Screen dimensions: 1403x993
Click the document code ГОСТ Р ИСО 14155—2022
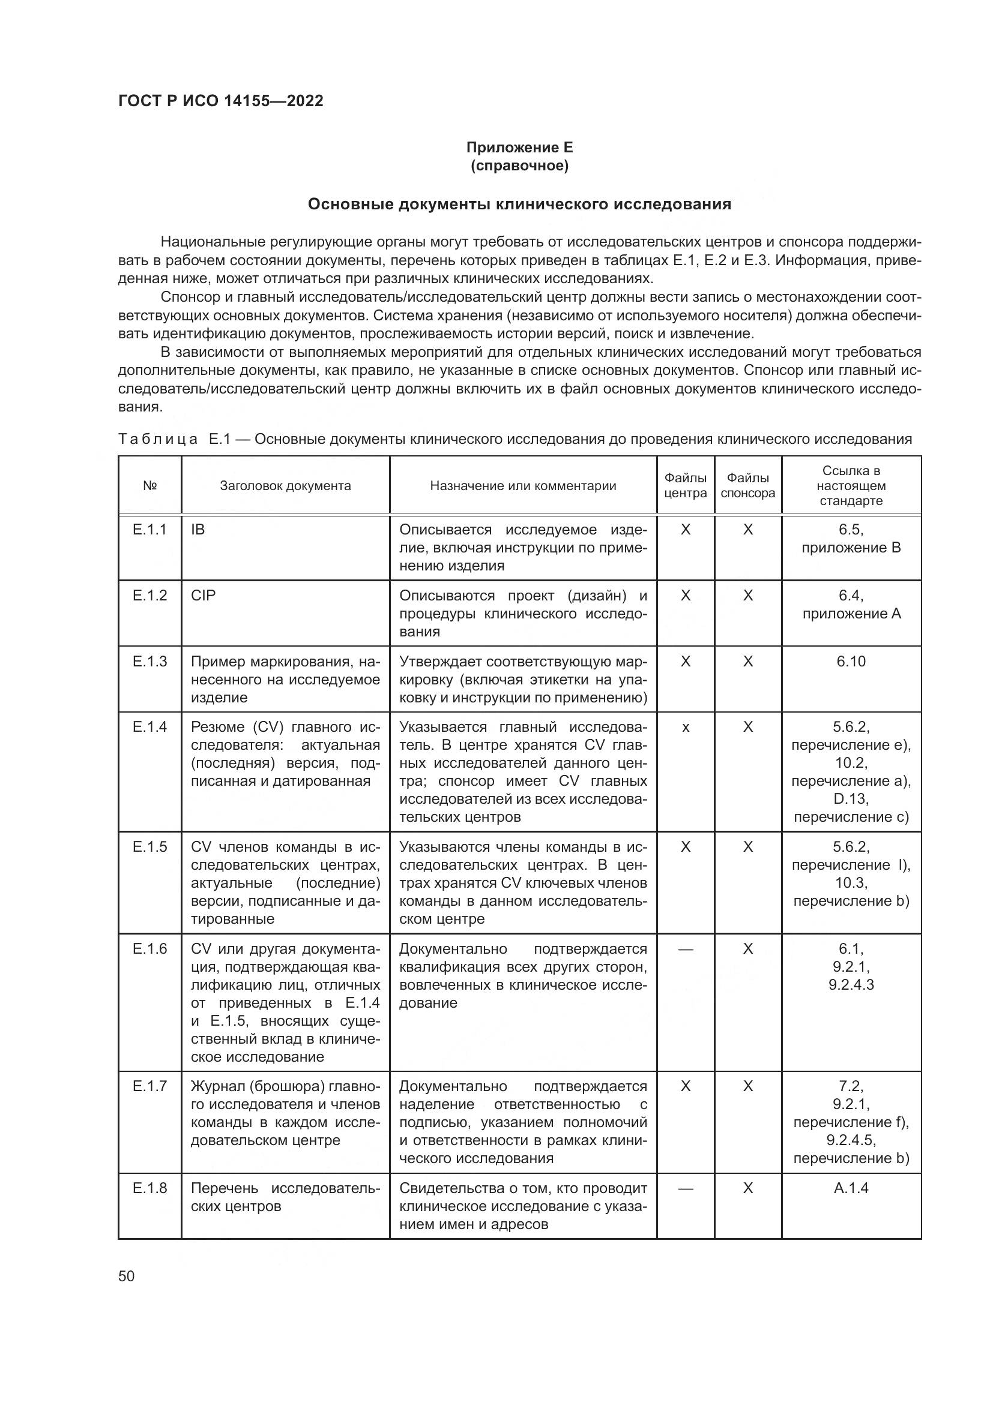221,101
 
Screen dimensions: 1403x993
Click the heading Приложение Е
519,148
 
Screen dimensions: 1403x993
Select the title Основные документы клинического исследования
519,204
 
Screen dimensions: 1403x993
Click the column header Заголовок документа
285,486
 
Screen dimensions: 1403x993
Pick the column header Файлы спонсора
747,486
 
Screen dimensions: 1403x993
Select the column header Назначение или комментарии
523,486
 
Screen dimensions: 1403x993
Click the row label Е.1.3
150,662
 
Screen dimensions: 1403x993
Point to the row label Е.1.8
150,1188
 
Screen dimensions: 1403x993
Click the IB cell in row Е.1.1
198,530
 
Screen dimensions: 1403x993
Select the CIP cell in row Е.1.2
203,596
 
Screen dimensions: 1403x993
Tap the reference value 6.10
851,662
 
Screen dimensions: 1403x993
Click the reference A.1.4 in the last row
851,1188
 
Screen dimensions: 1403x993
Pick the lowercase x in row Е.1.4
686,728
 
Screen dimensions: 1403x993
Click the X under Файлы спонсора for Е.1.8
748,1188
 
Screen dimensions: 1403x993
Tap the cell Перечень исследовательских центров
285,1197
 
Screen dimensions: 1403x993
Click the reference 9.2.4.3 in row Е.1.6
851,984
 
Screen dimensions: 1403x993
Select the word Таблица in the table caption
158,439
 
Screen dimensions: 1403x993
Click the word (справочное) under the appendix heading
519,166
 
